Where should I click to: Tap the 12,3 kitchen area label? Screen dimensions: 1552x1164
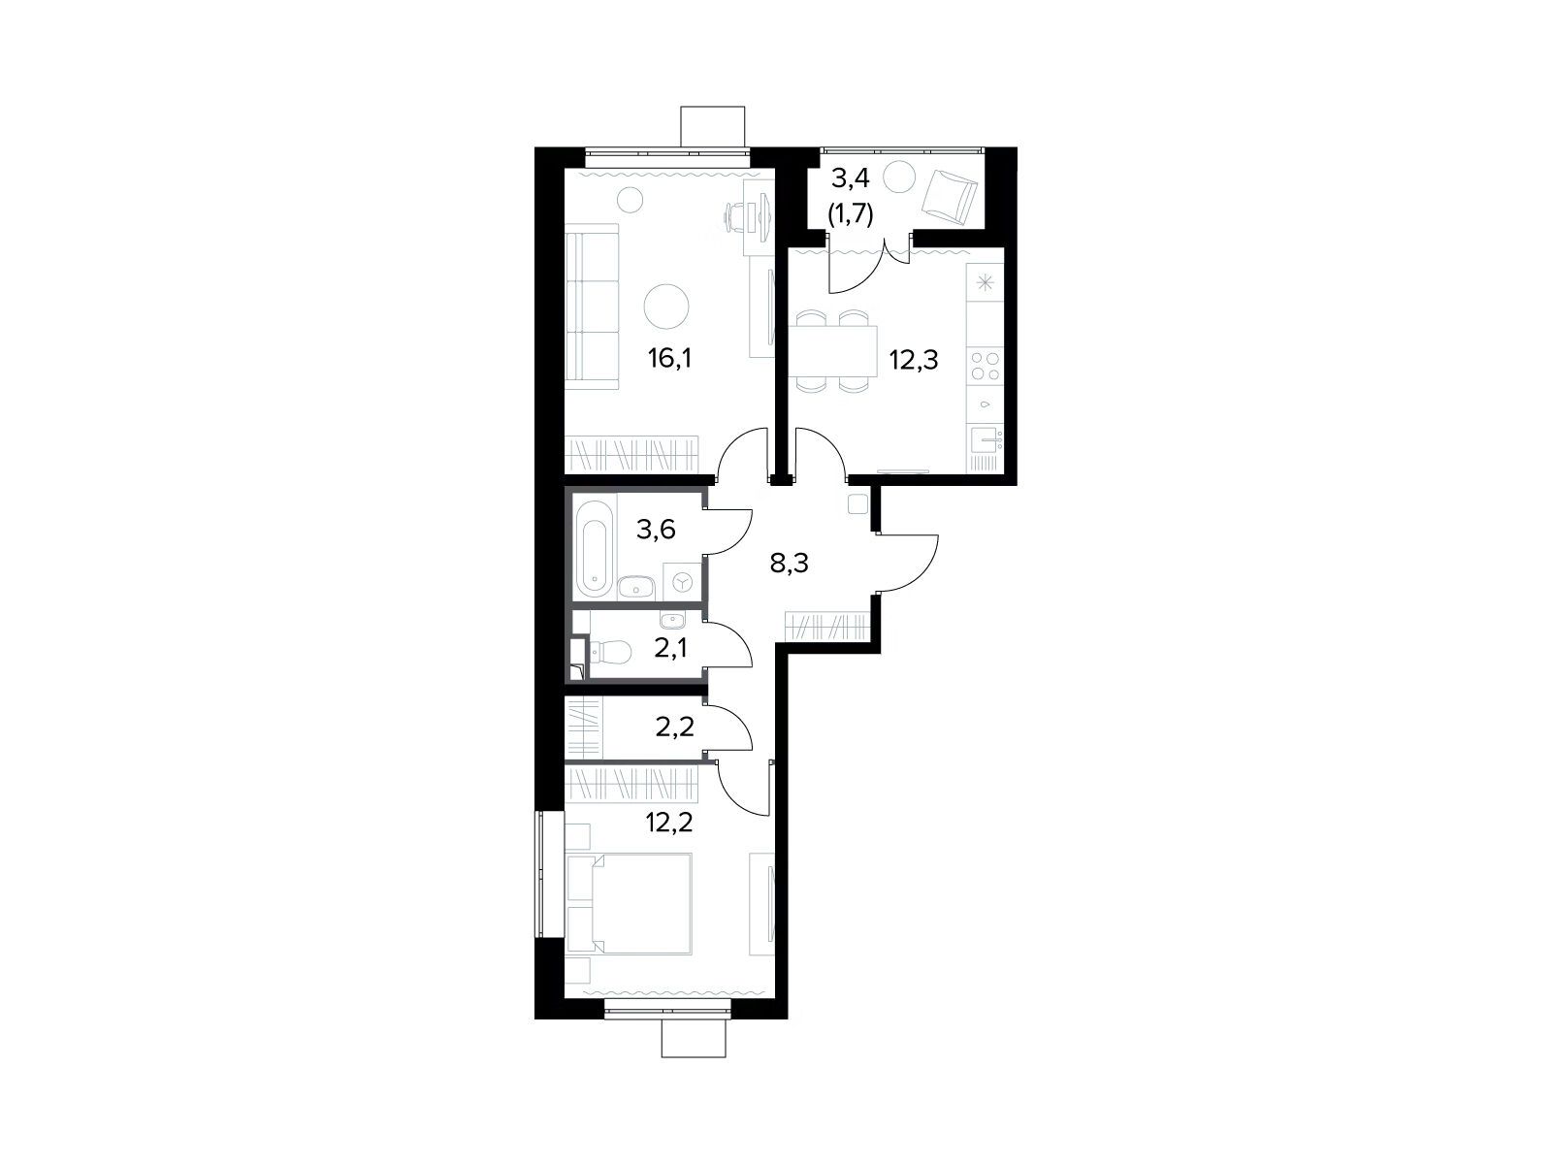[x=914, y=361]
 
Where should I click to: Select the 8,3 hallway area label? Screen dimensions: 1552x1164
[x=789, y=564]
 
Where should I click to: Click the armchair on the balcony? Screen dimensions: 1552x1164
[x=950, y=197]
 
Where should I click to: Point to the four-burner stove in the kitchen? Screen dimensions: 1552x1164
[x=985, y=366]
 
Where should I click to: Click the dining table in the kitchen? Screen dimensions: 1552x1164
[x=832, y=350]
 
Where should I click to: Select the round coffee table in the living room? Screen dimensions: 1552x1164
[x=666, y=306]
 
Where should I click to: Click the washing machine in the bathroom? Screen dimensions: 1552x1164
[x=683, y=581]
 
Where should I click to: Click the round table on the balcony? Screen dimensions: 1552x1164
[x=900, y=176]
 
